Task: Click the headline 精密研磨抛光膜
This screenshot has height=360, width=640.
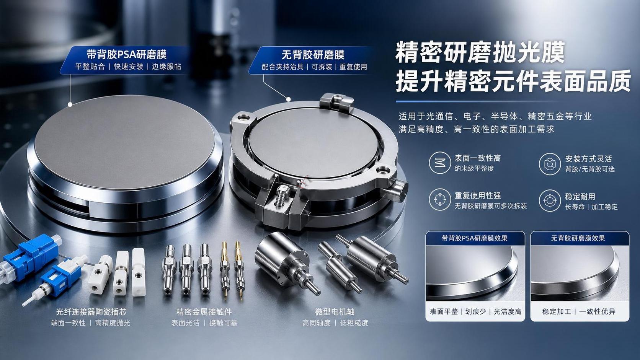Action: coord(480,53)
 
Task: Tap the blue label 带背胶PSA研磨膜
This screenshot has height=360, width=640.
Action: coord(127,54)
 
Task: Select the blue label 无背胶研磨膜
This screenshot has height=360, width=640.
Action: coord(313,55)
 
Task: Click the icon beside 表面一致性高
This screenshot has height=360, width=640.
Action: coord(440,163)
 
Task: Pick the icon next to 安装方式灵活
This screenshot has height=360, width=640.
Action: coord(550,164)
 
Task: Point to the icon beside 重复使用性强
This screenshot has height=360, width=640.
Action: coord(440,200)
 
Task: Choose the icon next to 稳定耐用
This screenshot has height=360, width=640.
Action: coord(550,201)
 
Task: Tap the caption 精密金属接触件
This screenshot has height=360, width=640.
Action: coord(204,312)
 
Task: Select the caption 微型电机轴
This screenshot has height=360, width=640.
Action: coord(335,312)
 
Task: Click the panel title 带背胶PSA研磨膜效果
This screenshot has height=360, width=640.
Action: coord(475,238)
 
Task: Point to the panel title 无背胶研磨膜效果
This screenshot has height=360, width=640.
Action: coord(578,238)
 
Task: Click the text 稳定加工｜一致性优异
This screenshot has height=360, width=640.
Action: coord(579,311)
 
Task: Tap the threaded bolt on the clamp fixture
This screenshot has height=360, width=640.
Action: coord(281,196)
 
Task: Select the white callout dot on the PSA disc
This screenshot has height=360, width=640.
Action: coord(70,104)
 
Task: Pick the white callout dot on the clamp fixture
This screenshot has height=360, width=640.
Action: coord(289,99)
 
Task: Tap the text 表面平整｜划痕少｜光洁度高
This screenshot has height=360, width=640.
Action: coord(475,311)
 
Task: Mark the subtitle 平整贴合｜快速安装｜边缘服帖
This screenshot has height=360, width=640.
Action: coord(128,67)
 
